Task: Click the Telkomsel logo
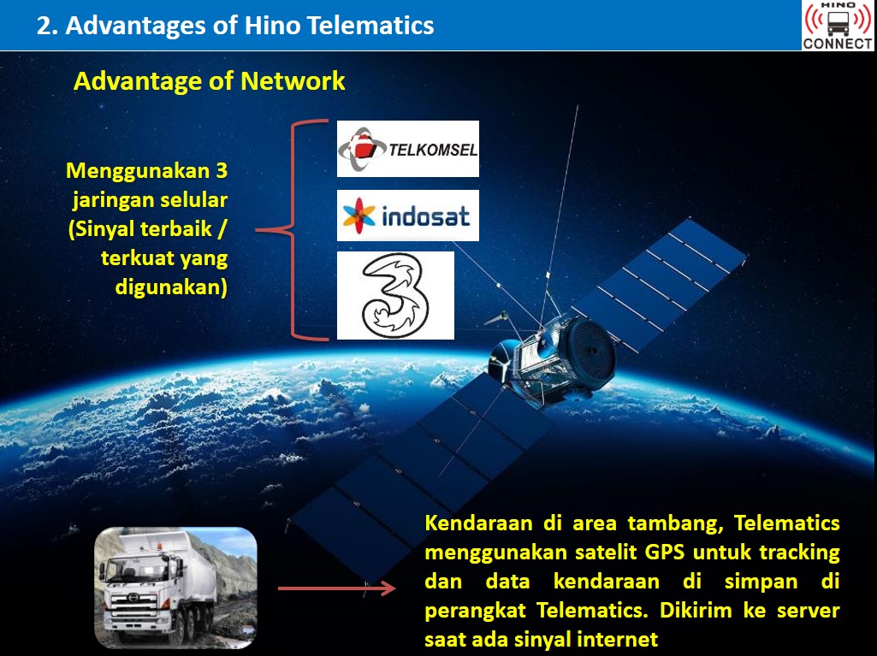point(408,149)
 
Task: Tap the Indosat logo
point(408,216)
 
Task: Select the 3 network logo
point(395,295)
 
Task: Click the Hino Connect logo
point(838,26)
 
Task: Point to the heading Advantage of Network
point(209,81)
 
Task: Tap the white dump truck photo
point(175,588)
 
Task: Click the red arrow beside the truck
point(337,588)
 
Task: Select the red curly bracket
point(292,229)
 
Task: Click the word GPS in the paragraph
point(665,552)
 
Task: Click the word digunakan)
point(171,287)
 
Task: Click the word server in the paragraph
point(809,610)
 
